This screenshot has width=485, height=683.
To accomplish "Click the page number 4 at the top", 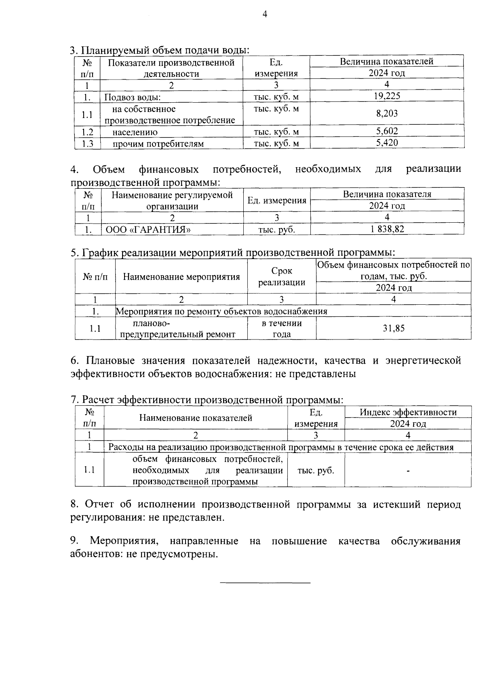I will pyautogui.click(x=265, y=15).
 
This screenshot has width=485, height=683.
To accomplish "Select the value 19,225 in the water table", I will pyautogui.click(x=387, y=96).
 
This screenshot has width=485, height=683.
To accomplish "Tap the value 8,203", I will pyautogui.click(x=387, y=114).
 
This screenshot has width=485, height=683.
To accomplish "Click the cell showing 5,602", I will pyautogui.click(x=387, y=131).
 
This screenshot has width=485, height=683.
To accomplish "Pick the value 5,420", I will pyautogui.click(x=387, y=143).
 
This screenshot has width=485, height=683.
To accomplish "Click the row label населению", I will pyautogui.click(x=135, y=132).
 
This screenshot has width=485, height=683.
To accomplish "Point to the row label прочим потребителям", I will pyautogui.click(x=158, y=144).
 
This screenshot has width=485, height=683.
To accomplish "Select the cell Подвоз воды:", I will pyautogui.click(x=133, y=97).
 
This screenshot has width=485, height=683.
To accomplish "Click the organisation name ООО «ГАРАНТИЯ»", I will pyautogui.click(x=148, y=230).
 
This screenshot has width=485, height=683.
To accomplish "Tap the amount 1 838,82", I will pyautogui.click(x=387, y=229).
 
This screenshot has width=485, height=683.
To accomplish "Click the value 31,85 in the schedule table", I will pyautogui.click(x=393, y=328).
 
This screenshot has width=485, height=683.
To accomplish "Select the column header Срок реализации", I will pyautogui.click(x=282, y=276).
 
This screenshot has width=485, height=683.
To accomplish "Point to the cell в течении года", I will pyautogui.click(x=282, y=329).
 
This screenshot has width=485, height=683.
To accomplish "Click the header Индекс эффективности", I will pyautogui.click(x=408, y=412).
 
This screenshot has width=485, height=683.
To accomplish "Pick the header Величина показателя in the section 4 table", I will pyautogui.click(x=387, y=194).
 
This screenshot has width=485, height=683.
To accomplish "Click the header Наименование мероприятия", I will pyautogui.click(x=181, y=277).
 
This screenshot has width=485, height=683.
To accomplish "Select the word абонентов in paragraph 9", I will pyautogui.click(x=95, y=554).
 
